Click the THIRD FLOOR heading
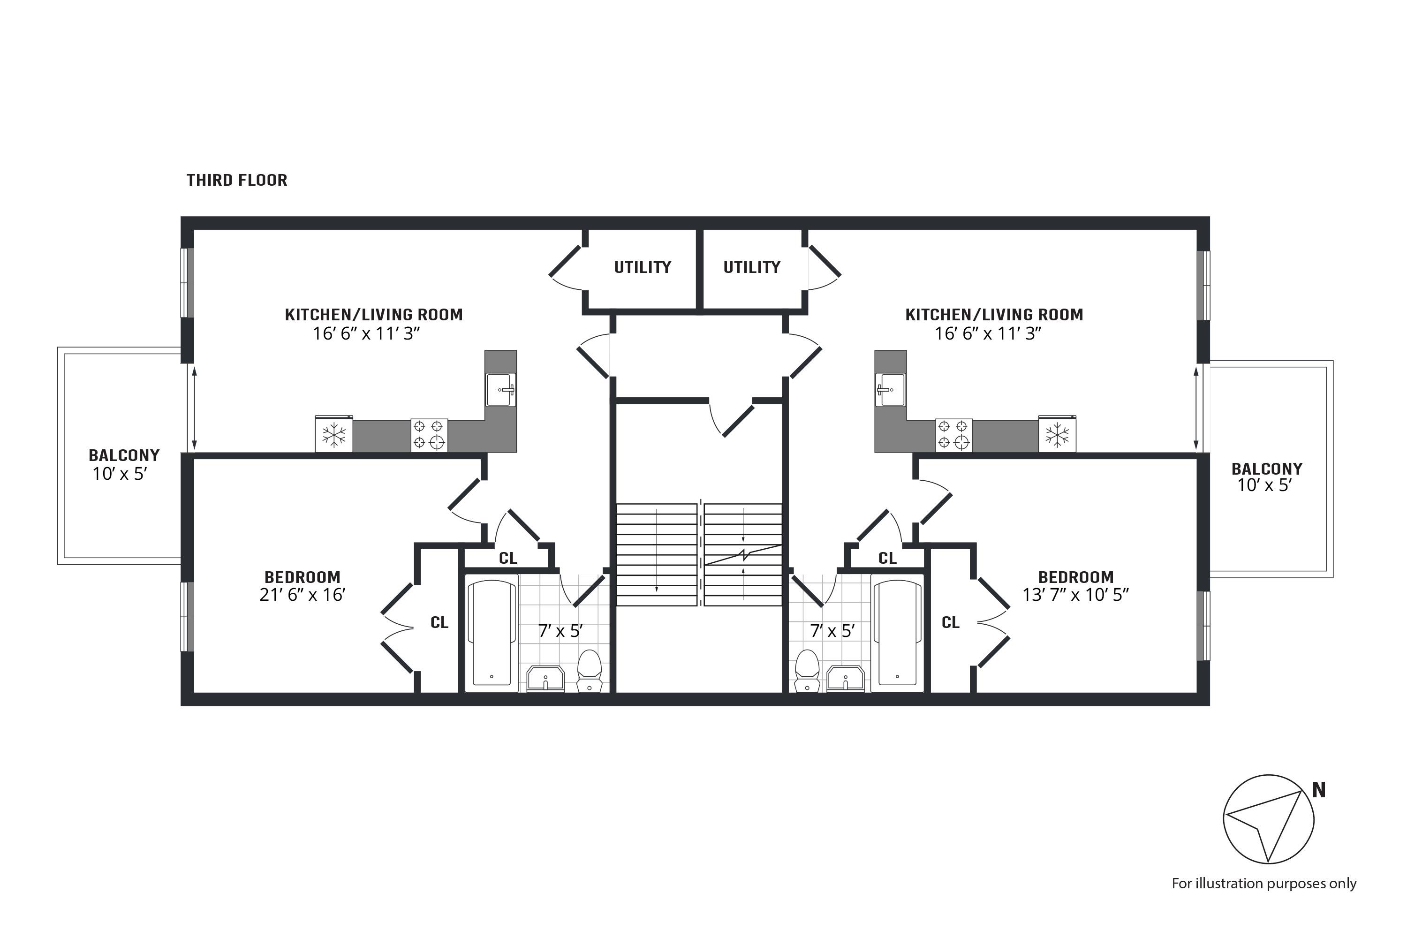coord(237,180)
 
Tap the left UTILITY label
coord(642,267)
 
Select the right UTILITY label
coord(751,267)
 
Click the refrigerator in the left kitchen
coord(334,434)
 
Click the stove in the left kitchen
coord(429,434)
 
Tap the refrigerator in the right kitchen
coord(1057,434)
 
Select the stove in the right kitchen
coord(953,434)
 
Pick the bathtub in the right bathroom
coord(897,633)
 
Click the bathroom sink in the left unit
coord(545,679)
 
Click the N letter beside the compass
coord(1318,790)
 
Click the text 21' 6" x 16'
coord(302,595)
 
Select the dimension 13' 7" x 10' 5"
coord(1075,595)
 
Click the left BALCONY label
coord(124,455)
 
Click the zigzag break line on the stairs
coord(743,554)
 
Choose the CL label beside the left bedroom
coord(439,622)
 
